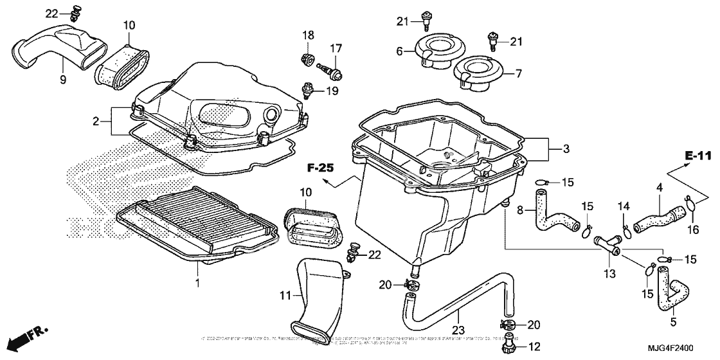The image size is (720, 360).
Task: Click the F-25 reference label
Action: point(320,168)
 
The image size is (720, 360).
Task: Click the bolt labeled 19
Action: point(309,88)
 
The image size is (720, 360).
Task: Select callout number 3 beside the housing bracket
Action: point(566,149)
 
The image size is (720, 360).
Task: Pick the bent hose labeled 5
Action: point(669,291)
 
